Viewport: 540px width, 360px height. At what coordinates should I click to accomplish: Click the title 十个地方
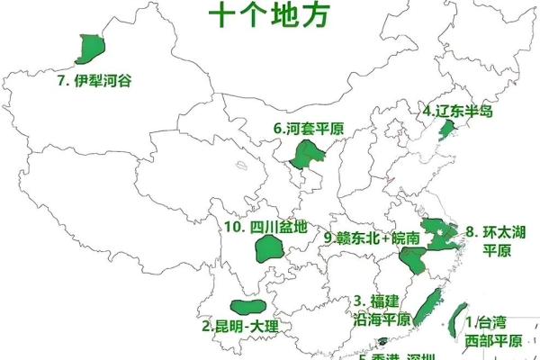coord(268,15)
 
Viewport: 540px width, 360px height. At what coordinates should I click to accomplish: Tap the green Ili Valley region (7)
coord(91,49)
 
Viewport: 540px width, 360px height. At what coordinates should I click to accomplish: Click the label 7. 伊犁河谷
coord(94,81)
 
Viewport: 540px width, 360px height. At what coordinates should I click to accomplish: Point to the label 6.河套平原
coord(310,129)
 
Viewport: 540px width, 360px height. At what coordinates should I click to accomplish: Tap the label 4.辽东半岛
coord(458,112)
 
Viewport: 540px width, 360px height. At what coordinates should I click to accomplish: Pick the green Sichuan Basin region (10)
coord(270,247)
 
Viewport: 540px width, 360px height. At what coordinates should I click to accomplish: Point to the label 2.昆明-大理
coord(240,327)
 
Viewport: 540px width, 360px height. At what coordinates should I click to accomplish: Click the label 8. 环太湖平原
coord(494,240)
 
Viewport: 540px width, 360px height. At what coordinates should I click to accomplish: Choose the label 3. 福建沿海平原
coord(382,310)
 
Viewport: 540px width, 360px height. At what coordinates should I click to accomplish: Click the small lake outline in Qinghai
coord(243,166)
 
